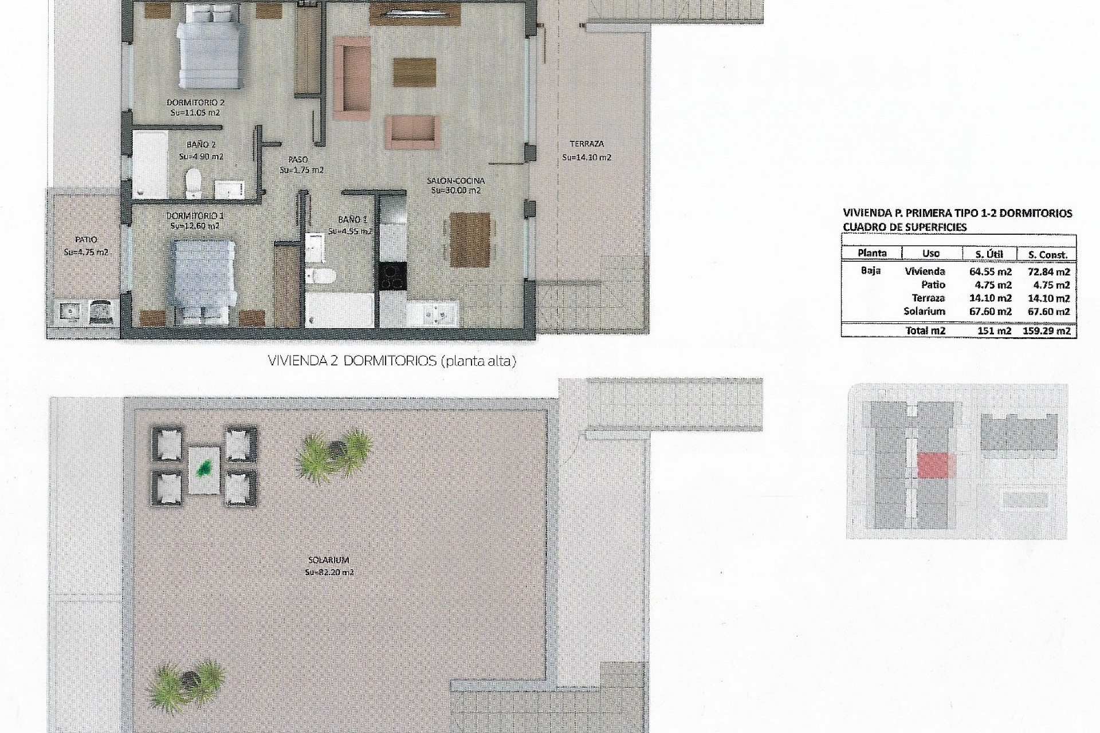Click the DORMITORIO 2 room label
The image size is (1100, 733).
195,103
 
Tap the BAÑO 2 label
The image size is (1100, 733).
201,145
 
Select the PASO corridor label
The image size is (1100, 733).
298,160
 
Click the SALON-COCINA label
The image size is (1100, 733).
455,181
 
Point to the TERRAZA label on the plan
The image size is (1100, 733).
586,144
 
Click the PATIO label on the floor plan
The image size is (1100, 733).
86,240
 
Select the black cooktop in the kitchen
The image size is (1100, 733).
392,279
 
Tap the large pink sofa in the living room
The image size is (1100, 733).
351,77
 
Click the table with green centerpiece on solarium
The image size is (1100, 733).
203,470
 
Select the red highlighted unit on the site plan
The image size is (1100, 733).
936,465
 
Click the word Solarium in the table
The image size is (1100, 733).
924,312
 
